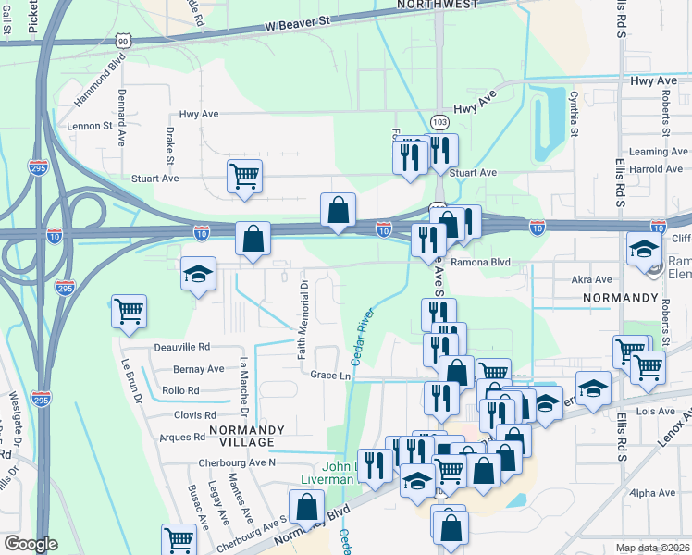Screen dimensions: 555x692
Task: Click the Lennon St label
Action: (89, 125)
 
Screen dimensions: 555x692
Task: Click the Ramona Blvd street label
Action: (482, 263)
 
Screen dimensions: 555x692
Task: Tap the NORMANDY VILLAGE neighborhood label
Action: (244, 437)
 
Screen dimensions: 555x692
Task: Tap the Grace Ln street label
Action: (330, 376)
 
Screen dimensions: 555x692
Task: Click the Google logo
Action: (30, 544)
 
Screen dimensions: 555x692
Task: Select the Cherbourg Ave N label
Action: (237, 462)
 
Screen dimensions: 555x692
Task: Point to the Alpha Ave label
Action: (656, 493)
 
